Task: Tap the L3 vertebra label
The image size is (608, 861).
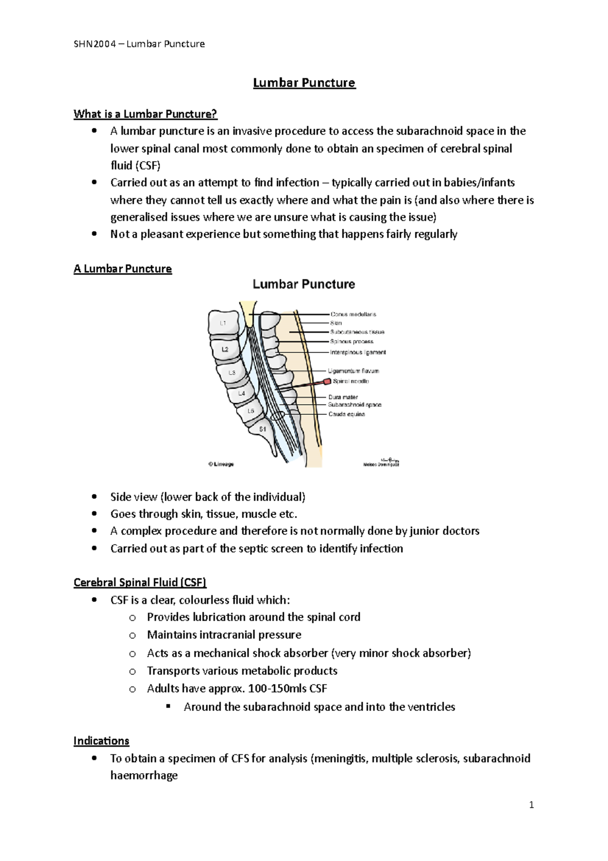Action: click(x=232, y=373)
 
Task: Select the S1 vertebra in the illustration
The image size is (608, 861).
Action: click(x=262, y=429)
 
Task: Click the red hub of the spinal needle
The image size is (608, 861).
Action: click(x=327, y=381)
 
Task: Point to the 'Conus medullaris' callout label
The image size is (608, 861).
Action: click(x=353, y=314)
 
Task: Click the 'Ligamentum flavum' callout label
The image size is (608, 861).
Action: click(x=353, y=371)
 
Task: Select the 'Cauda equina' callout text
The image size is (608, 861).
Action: click(x=347, y=414)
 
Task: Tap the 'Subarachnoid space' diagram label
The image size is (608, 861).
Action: click(x=354, y=405)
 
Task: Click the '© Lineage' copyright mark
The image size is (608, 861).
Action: click(x=221, y=464)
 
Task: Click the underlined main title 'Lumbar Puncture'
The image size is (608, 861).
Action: click(x=304, y=83)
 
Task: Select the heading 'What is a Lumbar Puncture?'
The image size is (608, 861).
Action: click(x=145, y=114)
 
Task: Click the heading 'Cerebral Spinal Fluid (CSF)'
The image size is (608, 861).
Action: click(x=140, y=582)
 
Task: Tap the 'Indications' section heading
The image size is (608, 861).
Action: click(x=101, y=741)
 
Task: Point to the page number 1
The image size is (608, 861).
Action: click(x=531, y=805)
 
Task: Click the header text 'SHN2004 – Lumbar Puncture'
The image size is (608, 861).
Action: click(x=139, y=44)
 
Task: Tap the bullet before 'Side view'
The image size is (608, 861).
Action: click(x=94, y=497)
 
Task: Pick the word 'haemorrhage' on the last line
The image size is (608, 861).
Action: click(x=144, y=776)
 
